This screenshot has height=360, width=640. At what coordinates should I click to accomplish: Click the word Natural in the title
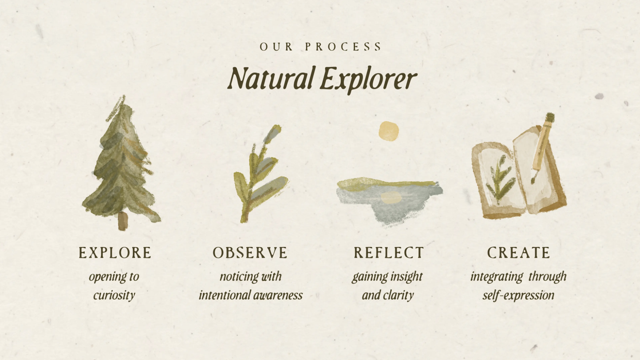[270, 78]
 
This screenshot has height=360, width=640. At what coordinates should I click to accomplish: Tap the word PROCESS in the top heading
[343, 47]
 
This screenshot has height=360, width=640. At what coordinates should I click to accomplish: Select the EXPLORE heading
[115, 253]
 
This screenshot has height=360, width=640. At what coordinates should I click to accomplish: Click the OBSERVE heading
[250, 253]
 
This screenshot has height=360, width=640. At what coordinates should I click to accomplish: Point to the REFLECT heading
[389, 253]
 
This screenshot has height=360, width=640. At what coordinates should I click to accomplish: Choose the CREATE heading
[518, 253]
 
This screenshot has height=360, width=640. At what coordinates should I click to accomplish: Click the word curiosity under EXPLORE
[114, 295]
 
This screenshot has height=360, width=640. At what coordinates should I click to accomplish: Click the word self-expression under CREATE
[518, 295]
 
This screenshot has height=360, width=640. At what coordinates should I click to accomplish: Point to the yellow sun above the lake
[389, 131]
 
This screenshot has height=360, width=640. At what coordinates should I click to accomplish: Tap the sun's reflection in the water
[390, 197]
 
